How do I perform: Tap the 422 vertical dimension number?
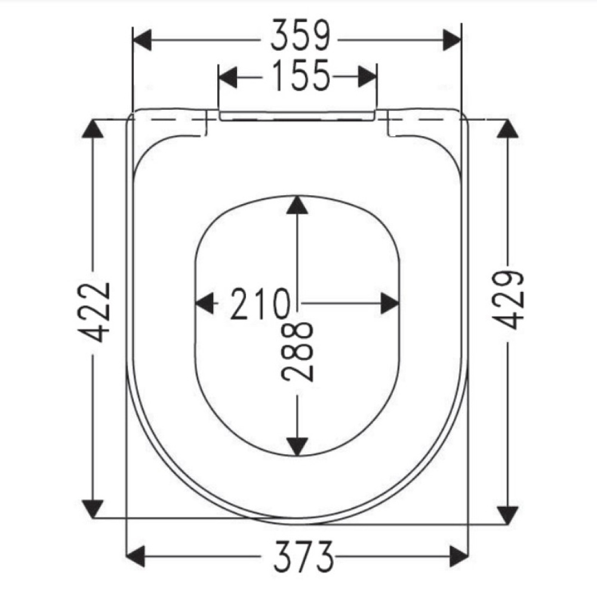94,312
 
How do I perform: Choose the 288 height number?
297,351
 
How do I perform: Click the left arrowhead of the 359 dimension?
142,41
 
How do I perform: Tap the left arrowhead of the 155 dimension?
228,77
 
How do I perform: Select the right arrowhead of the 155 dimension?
367,77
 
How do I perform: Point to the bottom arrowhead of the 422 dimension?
92,509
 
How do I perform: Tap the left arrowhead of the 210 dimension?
205,303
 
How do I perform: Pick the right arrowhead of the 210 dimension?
390,303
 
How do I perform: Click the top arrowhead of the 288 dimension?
297,205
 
